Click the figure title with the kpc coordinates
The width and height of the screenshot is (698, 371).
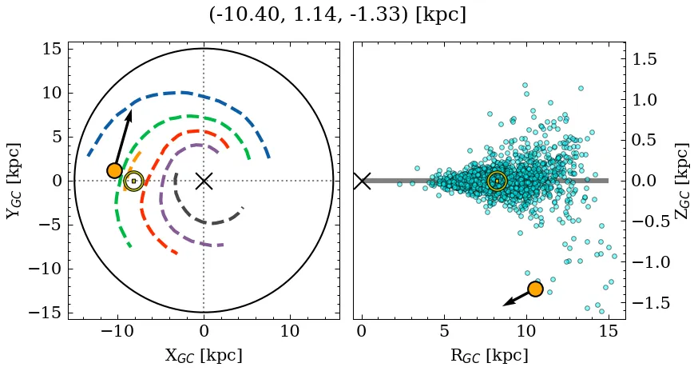coord(337,15)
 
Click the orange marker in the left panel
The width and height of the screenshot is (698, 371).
coord(114,170)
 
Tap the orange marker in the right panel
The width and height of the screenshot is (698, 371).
coord(535,289)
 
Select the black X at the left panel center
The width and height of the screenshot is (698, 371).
coord(204,181)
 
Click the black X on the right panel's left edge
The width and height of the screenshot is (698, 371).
coord(362,181)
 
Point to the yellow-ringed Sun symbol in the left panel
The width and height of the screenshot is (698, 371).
coord(133,181)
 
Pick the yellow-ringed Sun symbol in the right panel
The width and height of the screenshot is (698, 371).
coord(497,181)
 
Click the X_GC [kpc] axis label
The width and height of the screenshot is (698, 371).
coord(204,355)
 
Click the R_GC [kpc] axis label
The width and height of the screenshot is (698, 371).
coord(489,355)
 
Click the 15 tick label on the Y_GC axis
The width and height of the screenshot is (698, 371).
coord(51,50)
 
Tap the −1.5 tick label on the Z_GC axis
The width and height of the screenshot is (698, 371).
coord(648,302)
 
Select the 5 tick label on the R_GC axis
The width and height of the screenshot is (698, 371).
coord(443,331)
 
